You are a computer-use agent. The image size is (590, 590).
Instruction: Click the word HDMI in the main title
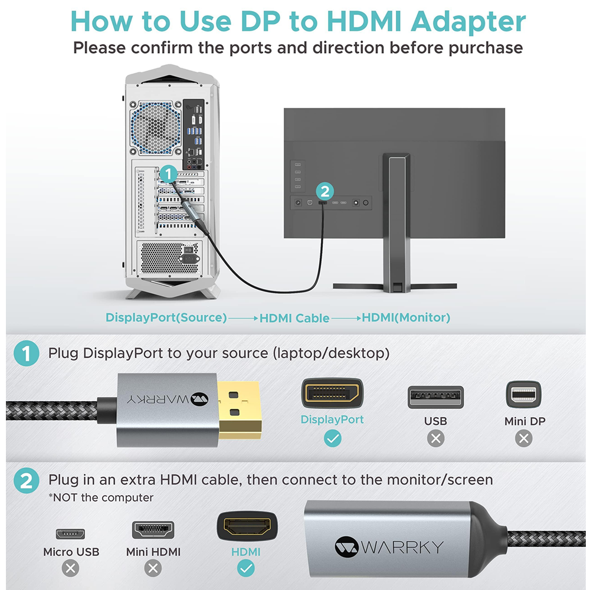(x=364, y=21)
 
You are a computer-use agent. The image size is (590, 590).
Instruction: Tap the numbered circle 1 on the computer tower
(x=168, y=174)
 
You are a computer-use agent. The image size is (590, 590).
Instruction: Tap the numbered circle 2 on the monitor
(x=324, y=191)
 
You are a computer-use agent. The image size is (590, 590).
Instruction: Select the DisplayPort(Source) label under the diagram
(x=166, y=317)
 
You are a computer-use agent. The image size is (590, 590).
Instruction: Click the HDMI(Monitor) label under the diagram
(x=406, y=317)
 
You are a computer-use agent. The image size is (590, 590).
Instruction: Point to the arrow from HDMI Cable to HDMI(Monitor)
(x=346, y=319)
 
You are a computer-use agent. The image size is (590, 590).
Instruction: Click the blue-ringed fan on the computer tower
(x=155, y=127)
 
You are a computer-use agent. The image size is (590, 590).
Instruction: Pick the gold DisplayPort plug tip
(x=240, y=410)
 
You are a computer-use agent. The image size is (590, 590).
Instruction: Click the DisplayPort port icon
(x=332, y=393)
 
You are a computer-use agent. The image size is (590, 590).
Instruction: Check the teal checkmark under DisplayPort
(x=333, y=438)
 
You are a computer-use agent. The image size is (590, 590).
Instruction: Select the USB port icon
(x=436, y=397)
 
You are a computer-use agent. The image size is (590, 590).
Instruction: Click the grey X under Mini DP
(x=524, y=438)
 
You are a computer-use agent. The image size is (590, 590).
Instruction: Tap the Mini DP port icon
(x=524, y=394)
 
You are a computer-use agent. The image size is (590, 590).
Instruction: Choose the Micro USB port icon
(x=70, y=533)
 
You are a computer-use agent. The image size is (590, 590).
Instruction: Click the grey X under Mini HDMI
(x=153, y=568)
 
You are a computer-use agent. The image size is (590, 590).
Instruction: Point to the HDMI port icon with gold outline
(x=247, y=526)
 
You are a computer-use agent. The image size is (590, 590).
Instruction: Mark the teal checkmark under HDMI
(x=246, y=568)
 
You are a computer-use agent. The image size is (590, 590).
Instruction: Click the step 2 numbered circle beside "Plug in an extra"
(x=27, y=480)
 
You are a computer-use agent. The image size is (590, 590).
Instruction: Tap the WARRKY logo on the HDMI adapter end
(x=389, y=547)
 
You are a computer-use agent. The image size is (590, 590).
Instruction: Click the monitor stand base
(x=395, y=287)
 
